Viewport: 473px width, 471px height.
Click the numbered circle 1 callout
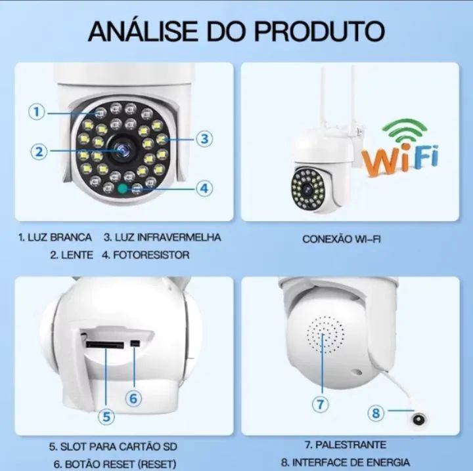coord(37,112)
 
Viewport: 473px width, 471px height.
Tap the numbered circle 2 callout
coord(39,152)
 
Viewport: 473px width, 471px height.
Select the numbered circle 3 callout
coord(204,138)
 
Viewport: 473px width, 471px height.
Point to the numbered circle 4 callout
coord(205,188)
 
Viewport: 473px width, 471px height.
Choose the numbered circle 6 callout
coord(133,398)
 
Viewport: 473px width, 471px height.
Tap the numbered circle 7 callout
coord(320,404)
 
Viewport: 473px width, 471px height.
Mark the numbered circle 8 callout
coord(376,413)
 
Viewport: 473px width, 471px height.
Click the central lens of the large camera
coord(122,149)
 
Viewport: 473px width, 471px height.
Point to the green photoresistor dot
coord(122,188)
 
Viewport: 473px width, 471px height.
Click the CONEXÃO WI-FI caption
coord(342,239)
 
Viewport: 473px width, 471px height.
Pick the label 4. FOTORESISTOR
coord(145,255)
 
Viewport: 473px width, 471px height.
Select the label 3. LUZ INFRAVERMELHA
coord(162,237)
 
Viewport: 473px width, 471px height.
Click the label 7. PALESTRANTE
coord(345,445)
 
